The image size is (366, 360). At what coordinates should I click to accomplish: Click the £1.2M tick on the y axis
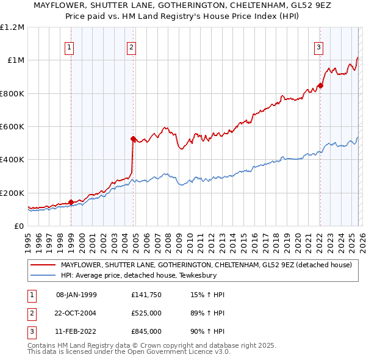[x=12, y=27]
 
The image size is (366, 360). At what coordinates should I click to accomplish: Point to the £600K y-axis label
[x=12, y=126]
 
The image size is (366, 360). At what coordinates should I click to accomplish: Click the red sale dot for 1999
[x=71, y=202]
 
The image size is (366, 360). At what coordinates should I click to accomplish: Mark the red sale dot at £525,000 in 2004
[x=134, y=139]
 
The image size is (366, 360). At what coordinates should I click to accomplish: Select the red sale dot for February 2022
[x=320, y=85]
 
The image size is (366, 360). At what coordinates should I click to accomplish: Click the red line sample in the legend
[x=43, y=265]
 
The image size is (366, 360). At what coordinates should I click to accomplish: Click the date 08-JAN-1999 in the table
[x=76, y=295]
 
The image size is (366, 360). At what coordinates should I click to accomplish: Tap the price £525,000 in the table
[x=146, y=313]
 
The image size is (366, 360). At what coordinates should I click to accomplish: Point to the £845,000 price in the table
[x=146, y=331]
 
